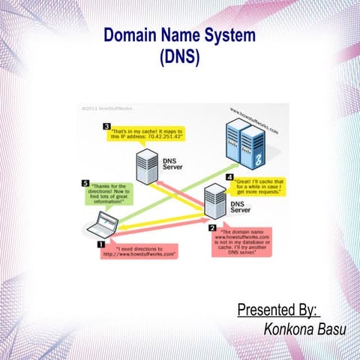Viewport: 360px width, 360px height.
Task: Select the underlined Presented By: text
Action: pos(277,309)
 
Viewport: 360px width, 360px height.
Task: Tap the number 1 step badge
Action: pos(100,244)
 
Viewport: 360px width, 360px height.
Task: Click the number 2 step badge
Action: pos(212,228)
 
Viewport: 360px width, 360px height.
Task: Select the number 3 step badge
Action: pos(108,126)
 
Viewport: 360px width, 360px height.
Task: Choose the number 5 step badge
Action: pos(85,183)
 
